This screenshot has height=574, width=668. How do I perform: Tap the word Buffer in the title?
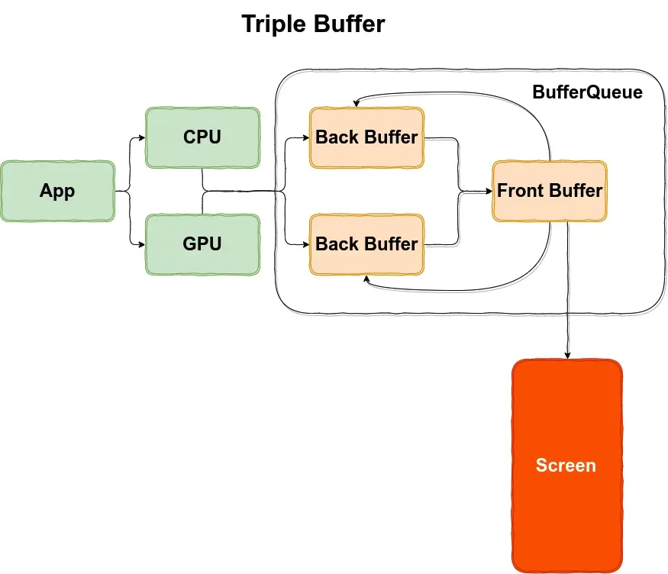[x=349, y=24]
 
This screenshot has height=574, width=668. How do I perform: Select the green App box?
[x=58, y=191]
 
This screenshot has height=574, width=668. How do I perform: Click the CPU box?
[x=202, y=137]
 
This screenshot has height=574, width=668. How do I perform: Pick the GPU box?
[x=202, y=244]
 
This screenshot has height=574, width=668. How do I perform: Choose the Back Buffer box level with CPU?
[x=366, y=137]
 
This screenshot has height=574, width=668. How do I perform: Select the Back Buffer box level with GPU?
[x=366, y=244]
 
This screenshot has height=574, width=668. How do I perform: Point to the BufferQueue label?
[x=587, y=93]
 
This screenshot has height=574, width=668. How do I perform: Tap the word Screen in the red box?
[x=566, y=466]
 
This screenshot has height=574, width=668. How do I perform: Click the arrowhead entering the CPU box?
[x=141, y=138]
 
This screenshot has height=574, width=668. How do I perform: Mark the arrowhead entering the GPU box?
[x=141, y=244]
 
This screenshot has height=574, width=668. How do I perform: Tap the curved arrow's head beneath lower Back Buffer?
[x=367, y=279]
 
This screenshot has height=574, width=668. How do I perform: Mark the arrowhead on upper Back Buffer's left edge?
[x=305, y=138]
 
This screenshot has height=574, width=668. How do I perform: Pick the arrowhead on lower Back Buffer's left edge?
[x=305, y=244]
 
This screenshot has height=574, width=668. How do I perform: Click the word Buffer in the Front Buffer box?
[x=576, y=191]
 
